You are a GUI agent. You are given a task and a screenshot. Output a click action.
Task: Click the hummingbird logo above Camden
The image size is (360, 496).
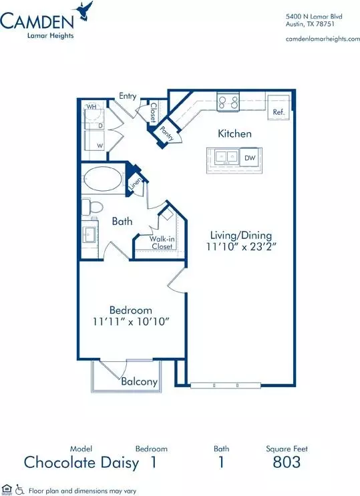pyautogui.click(x=83, y=11)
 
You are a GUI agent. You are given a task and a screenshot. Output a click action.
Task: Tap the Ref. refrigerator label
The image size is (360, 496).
pyautogui.click(x=279, y=112)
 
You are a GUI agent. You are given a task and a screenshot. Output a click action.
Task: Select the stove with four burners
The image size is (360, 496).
pyautogui.click(x=228, y=102)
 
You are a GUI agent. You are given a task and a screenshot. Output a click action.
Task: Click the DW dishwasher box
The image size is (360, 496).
pyautogui.click(x=250, y=158)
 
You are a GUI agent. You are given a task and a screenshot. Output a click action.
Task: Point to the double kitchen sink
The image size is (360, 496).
pyautogui.click(x=226, y=157)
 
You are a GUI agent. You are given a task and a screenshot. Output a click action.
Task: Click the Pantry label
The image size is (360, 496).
pyautogui.click(x=167, y=134)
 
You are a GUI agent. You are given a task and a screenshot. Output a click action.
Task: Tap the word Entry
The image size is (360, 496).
pyautogui.click(x=128, y=96)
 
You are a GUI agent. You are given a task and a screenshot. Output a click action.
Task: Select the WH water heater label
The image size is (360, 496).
pyautogui.click(x=92, y=107)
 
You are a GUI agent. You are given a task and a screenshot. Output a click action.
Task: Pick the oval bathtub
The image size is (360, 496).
pyautogui.click(x=103, y=179)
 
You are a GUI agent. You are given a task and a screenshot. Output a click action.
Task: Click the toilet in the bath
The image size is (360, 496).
pyautogui.click(x=92, y=207)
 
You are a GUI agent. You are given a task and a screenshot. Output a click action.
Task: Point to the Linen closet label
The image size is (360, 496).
pyautogui.click(x=136, y=184)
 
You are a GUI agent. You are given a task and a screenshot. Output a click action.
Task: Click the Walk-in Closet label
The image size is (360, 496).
pyautogui.click(x=162, y=242)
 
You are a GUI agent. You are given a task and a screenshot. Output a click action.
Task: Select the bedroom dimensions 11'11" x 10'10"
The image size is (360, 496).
pyautogui.click(x=131, y=322)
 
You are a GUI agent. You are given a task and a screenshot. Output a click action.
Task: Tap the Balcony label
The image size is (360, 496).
pyautogui.click(x=140, y=381)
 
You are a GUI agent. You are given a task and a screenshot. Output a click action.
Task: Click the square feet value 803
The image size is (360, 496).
pyautogui.click(x=287, y=462)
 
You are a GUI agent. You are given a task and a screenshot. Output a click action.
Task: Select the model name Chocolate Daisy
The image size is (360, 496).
pyautogui.click(x=81, y=463)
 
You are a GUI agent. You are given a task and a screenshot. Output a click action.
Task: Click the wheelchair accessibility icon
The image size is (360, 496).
pyautogui.click(x=20, y=490)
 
